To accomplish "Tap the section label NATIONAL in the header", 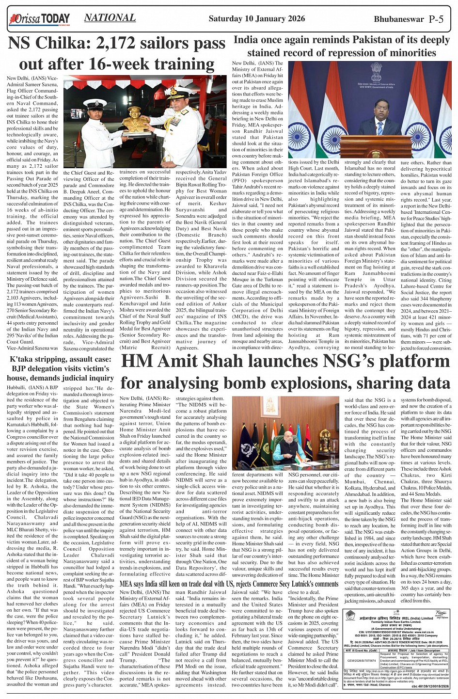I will pos(110,18).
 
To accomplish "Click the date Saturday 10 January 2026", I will pos(256,19).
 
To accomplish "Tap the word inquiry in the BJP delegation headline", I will pos(99,378).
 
